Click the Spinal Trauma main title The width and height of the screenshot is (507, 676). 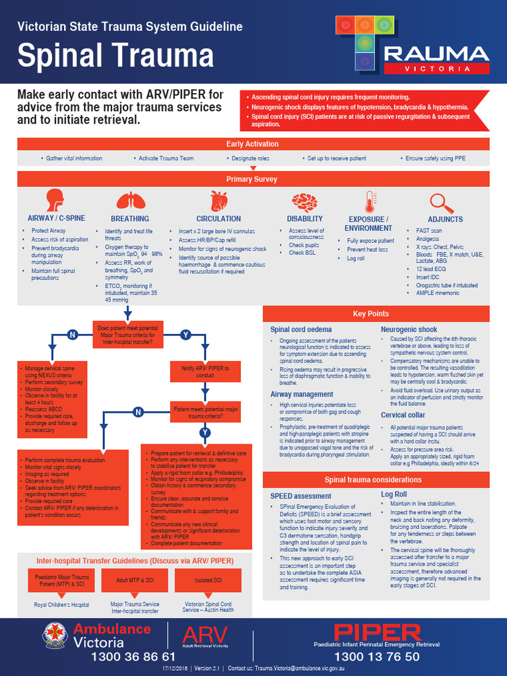(x=116, y=55)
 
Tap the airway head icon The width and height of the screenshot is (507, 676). (x=55, y=199)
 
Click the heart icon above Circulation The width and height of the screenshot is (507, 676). (x=219, y=200)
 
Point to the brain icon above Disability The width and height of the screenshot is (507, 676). (x=304, y=201)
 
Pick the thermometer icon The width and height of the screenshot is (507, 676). (x=368, y=201)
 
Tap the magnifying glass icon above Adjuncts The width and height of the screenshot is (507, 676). (x=440, y=201)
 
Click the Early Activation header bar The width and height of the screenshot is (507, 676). (x=253, y=144)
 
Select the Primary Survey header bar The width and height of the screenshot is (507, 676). (x=253, y=179)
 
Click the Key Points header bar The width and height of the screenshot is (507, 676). (x=376, y=314)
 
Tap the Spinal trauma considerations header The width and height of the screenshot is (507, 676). (x=376, y=480)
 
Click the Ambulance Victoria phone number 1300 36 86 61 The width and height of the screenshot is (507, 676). (x=133, y=657)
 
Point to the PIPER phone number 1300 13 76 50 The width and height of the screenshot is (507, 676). (x=376, y=657)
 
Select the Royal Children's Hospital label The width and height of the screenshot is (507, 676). (x=61, y=605)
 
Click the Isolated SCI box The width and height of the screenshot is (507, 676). (x=209, y=580)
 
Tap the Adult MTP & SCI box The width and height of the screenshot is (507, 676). (x=135, y=580)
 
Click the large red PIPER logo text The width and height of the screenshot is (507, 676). (x=377, y=632)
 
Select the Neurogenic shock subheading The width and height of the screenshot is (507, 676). (x=409, y=329)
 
